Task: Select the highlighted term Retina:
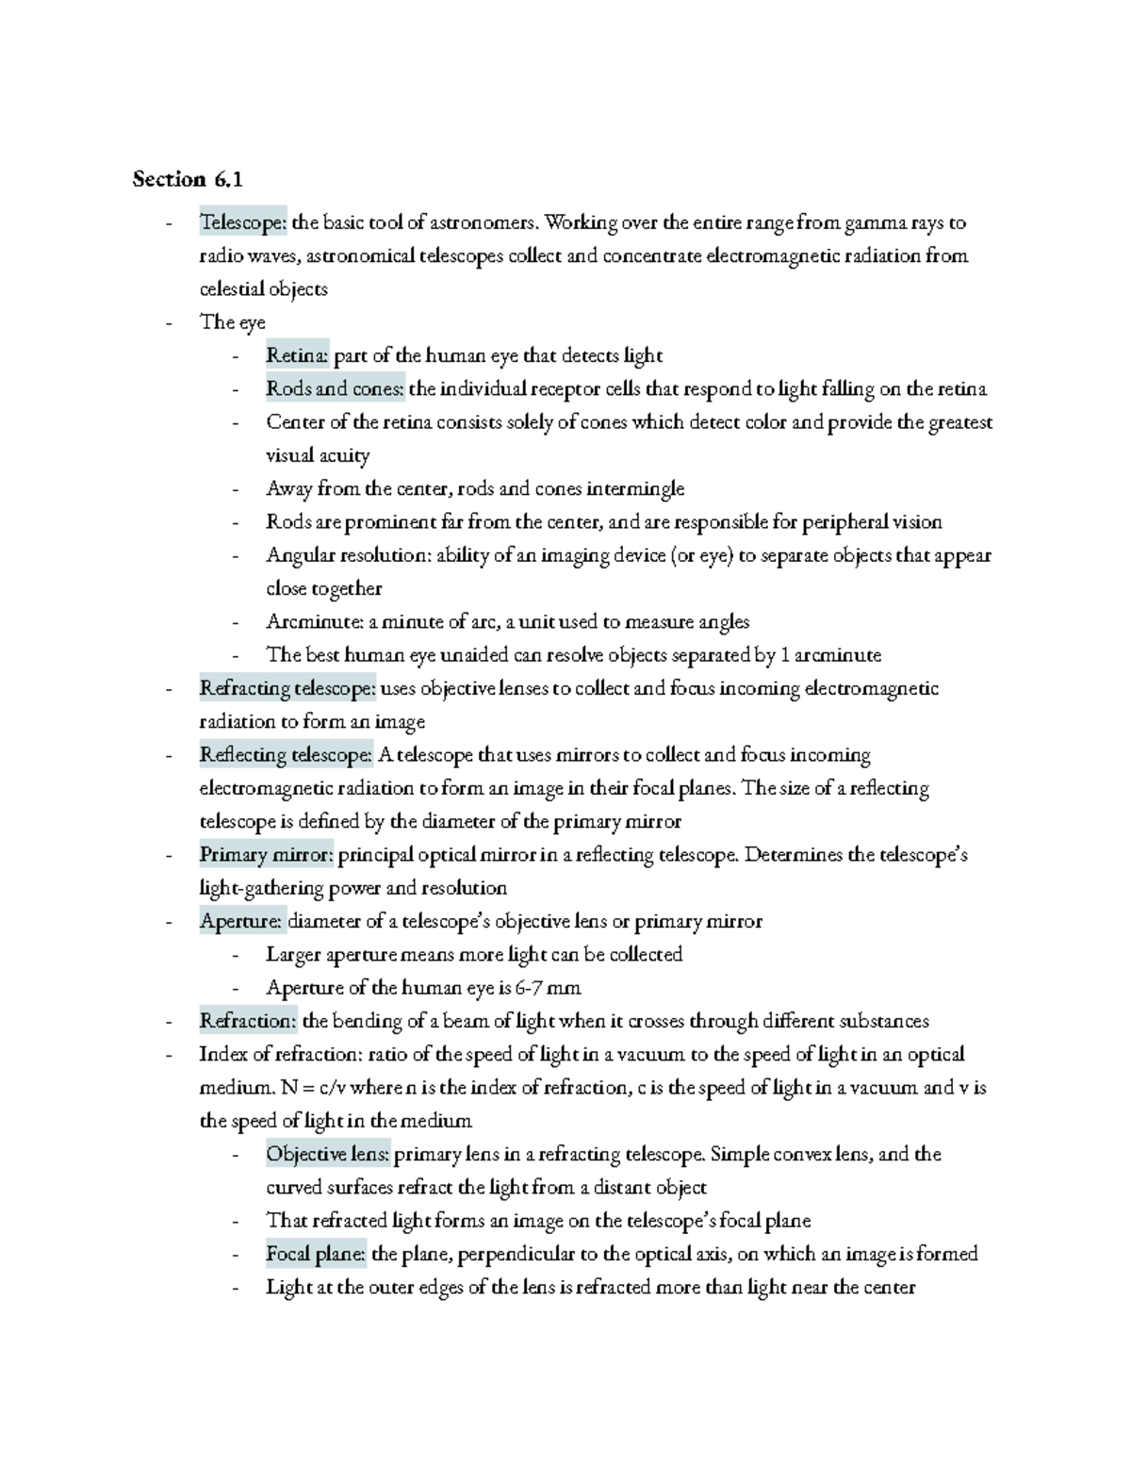298,355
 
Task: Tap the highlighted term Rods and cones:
335,389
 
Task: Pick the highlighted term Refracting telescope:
287,688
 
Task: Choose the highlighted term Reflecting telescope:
287,755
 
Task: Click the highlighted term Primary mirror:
267,855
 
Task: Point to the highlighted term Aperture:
241,921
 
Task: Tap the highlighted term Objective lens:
328,1154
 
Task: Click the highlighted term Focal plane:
317,1254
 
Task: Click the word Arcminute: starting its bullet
314,622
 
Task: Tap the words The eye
233,322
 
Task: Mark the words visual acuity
318,455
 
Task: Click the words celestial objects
263,289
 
